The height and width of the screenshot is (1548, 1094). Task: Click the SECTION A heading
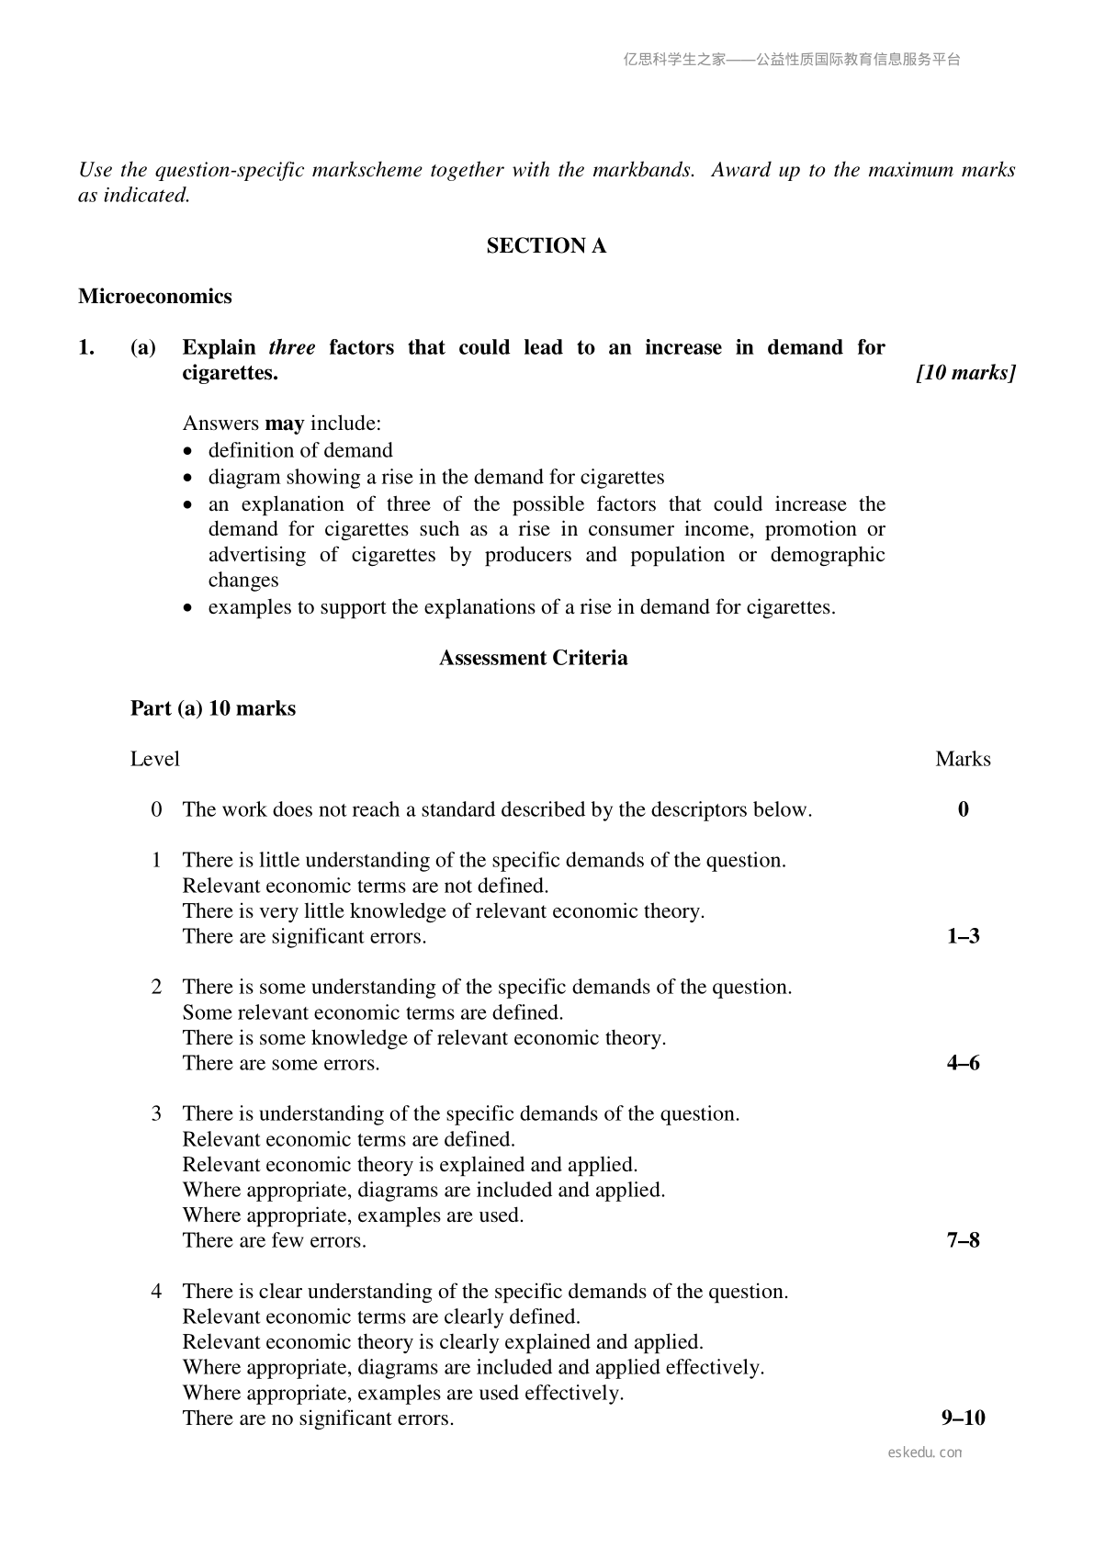[546, 246]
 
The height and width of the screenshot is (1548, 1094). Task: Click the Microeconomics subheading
[155, 297]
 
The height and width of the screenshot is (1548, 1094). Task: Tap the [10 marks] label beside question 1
[965, 373]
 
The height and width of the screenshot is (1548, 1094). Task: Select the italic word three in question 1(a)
[291, 347]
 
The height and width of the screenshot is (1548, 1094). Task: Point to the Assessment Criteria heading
[533, 658]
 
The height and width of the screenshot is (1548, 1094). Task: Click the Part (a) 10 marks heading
[213, 708]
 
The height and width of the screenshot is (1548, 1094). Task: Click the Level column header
[155, 759]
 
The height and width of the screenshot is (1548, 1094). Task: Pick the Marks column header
[963, 759]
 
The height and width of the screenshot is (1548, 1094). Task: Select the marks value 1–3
[963, 936]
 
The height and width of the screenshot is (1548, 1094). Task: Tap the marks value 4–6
[963, 1063]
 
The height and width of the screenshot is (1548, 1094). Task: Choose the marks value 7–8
[963, 1240]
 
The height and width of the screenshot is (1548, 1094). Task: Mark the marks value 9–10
[963, 1418]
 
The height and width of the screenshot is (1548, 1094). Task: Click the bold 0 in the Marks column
[963, 809]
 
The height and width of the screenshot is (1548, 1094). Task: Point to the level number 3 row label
[157, 1113]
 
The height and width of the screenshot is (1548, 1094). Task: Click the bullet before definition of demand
[189, 452]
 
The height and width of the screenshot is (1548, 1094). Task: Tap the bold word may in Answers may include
[284, 424]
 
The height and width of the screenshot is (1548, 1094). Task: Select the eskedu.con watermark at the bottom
[925, 1452]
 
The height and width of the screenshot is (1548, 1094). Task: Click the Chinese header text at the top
[792, 60]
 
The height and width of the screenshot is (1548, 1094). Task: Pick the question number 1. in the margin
[86, 347]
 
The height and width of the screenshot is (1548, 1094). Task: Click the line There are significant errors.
[304, 936]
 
